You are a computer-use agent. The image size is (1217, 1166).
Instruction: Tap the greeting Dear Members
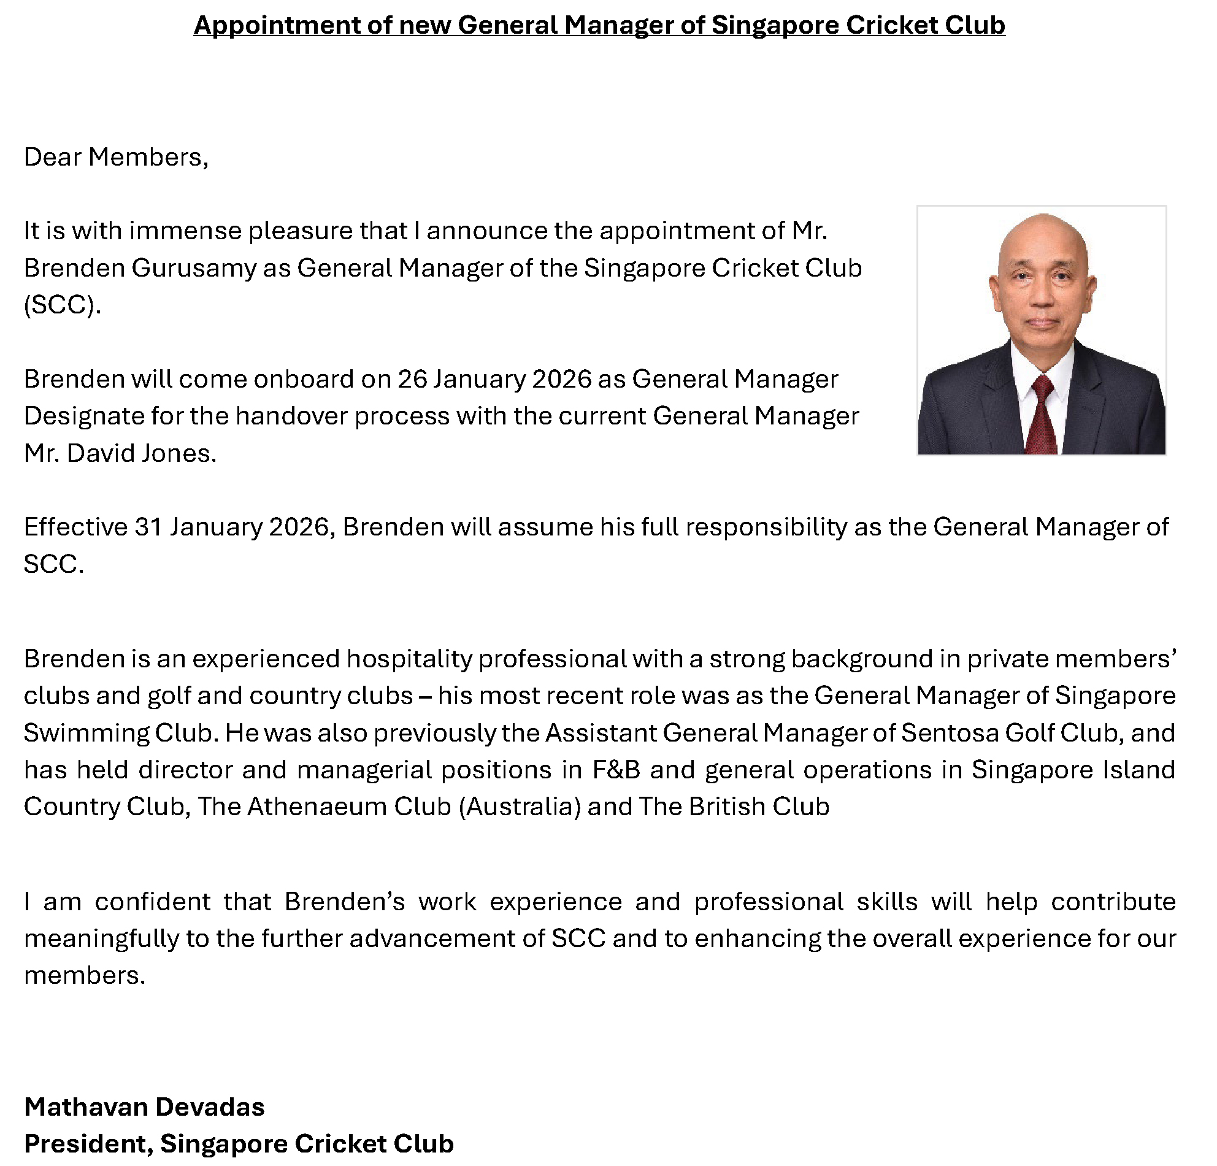(115, 157)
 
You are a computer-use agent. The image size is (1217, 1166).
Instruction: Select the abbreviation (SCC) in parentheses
(61, 305)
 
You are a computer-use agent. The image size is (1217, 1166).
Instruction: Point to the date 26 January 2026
(494, 378)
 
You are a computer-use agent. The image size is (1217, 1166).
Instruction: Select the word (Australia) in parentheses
(519, 807)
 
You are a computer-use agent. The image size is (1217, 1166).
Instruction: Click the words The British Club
(733, 807)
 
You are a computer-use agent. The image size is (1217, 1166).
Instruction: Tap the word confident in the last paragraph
(153, 902)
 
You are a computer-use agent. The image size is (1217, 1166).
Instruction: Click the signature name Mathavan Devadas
(144, 1107)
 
